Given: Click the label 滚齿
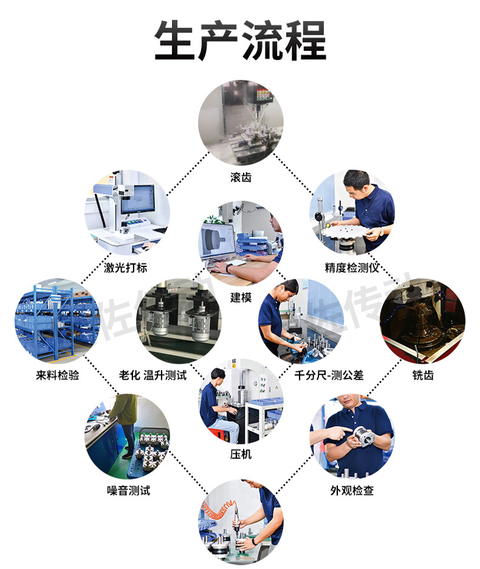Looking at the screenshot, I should (x=241, y=177).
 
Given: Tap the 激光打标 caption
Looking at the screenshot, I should (x=126, y=268).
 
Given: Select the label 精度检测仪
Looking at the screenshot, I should (x=352, y=268).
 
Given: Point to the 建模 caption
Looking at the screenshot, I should (x=241, y=297).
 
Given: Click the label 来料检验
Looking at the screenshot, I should (x=58, y=375).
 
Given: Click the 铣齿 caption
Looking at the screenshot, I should (x=423, y=375).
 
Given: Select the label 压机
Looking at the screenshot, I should (x=241, y=454).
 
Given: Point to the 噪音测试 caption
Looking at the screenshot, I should (x=128, y=490).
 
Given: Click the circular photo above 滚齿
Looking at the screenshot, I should (x=241, y=123).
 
